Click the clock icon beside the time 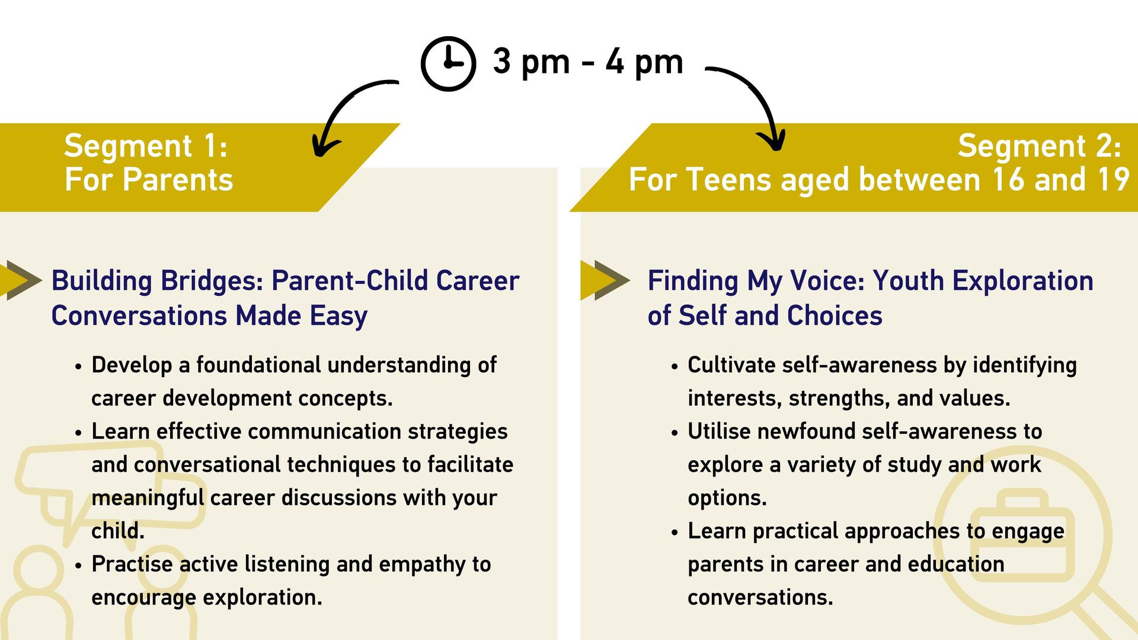coord(448,64)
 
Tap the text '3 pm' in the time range coord(531,62)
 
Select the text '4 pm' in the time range coord(644,62)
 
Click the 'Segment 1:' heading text coord(146,146)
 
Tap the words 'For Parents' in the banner coord(149,180)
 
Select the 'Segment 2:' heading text coord(1039,146)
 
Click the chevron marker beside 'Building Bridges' coord(21,280)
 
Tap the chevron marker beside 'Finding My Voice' coord(605,280)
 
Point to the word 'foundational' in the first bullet coord(258,365)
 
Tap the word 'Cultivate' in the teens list coord(731,365)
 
